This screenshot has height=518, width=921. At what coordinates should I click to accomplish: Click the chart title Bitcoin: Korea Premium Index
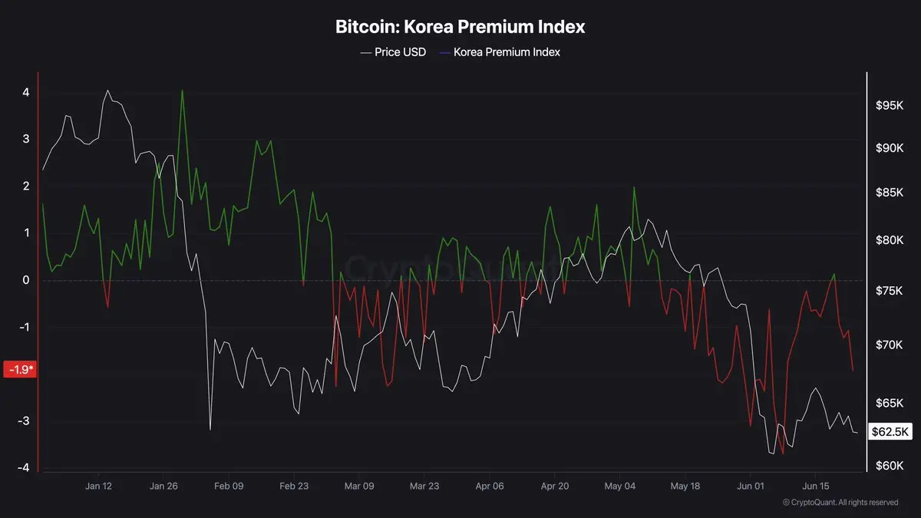460,27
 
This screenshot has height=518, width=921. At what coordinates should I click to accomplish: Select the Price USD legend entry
393,52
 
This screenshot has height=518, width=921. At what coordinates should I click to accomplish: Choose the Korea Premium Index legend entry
500,52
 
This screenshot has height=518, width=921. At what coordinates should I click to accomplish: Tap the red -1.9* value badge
20,369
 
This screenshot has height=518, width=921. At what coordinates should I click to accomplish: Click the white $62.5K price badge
890,431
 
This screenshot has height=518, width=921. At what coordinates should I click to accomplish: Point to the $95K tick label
890,106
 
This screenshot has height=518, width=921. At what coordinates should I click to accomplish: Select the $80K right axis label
890,239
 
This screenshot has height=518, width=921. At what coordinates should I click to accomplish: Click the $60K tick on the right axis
890,466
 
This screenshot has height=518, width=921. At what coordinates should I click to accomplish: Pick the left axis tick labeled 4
26,92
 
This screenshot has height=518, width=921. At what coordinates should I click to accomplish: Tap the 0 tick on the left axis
26,280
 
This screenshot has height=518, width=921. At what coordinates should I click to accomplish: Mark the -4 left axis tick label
24,467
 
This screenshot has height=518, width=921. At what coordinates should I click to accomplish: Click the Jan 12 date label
98,486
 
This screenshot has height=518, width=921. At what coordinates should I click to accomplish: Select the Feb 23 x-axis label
293,486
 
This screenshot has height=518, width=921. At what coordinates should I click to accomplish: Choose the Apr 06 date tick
490,486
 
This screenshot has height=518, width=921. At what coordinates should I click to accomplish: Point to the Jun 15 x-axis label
816,486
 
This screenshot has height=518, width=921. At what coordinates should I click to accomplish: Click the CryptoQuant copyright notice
840,503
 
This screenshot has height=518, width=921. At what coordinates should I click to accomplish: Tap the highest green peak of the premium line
182,90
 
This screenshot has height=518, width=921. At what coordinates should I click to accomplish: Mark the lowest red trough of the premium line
782,454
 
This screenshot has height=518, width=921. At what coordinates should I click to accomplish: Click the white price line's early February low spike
210,430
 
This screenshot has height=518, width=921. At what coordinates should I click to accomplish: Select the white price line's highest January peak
107,91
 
